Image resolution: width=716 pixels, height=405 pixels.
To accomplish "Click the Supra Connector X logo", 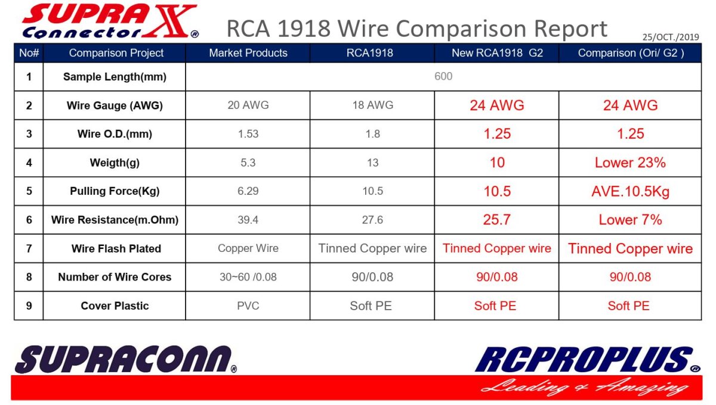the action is coord(110,21).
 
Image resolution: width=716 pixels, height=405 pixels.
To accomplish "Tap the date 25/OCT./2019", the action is coord(671,37).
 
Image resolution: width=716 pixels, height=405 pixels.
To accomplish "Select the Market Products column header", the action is coord(248,53).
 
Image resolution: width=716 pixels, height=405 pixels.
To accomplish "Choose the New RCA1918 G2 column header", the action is coord(497,53).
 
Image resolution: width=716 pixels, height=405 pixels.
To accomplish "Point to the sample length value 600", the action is coord(443,76).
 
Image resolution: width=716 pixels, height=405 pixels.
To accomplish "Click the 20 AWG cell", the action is coord(248,105).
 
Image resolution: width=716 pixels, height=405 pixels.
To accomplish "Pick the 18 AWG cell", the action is coord(373,105).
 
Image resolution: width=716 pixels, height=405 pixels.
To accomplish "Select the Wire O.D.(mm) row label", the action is coord(115,134).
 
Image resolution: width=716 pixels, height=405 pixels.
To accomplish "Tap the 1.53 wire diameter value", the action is coord(248,134).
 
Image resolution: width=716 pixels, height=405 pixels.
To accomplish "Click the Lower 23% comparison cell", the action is coord(630,163).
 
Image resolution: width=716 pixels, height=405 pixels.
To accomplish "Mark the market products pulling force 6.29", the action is coord(248,191).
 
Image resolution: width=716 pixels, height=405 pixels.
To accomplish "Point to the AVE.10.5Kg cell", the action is coord(630,191).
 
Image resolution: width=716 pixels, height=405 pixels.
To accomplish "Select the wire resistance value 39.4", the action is coord(248,220).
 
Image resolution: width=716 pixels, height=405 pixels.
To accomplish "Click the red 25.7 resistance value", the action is coord(496,220).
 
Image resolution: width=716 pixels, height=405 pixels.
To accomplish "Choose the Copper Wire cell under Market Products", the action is coord(248,248).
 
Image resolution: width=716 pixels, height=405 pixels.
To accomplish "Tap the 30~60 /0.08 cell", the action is coord(248,277).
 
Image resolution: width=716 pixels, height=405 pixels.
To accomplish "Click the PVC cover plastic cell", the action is coord(248,306).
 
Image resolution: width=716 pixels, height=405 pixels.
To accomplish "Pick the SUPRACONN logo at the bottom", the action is coord(126,359).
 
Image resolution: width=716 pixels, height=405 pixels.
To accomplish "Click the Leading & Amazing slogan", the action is coord(584,388).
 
